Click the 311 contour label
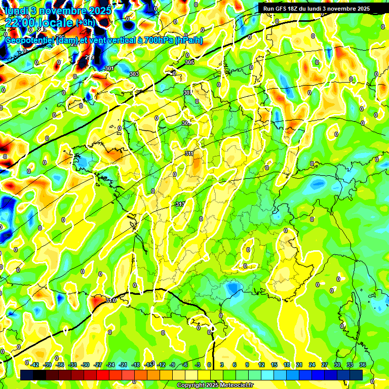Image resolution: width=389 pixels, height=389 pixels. coord(189,153)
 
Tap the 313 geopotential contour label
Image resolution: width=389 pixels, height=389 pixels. coord(179,204)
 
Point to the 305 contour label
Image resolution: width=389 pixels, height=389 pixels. coord(189,62)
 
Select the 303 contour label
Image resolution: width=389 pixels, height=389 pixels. coord(134,74)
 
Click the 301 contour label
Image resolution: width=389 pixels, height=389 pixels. coord(109,68)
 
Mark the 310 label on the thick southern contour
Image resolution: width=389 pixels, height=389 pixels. coord(111,300)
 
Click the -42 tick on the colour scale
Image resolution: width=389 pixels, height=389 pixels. coord(35,365)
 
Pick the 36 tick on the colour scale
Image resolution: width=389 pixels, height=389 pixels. coord(362,365)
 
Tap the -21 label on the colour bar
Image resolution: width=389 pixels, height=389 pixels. coord(123,365)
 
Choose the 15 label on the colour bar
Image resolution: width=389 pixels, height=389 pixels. coord(274,365)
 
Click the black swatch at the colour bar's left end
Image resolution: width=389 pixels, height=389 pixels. coord(27,374)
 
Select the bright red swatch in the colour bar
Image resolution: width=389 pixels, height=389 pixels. coord(103,374)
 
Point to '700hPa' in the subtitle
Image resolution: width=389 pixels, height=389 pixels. coord(158,40)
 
